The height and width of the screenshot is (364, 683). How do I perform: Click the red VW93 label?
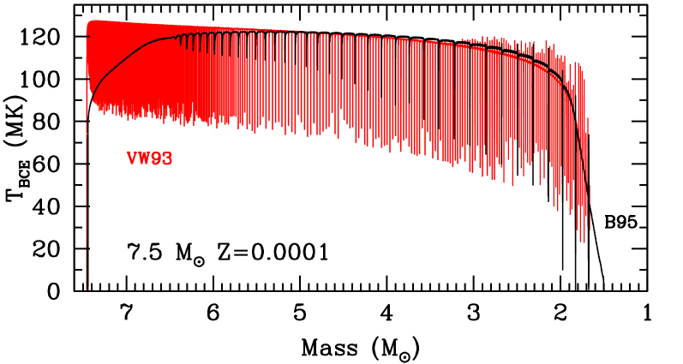pyautogui.click(x=150, y=158)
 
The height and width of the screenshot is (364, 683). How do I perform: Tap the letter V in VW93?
pyautogui.click(x=133, y=158)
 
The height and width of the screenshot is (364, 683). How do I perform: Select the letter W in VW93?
pyautogui.click(x=144, y=158)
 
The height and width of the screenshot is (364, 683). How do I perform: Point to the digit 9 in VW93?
pyautogui.click(x=157, y=158)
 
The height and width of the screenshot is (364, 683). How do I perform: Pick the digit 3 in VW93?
pyautogui.click(x=167, y=158)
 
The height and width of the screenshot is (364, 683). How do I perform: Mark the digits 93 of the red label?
pyautogui.click(x=162, y=158)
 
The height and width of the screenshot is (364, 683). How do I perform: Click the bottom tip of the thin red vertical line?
pyautogui.click(x=86, y=289)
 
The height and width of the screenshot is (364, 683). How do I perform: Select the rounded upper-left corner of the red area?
pyautogui.click(x=89, y=22)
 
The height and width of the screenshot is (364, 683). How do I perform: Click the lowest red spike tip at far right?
pyautogui.click(x=583, y=242)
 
